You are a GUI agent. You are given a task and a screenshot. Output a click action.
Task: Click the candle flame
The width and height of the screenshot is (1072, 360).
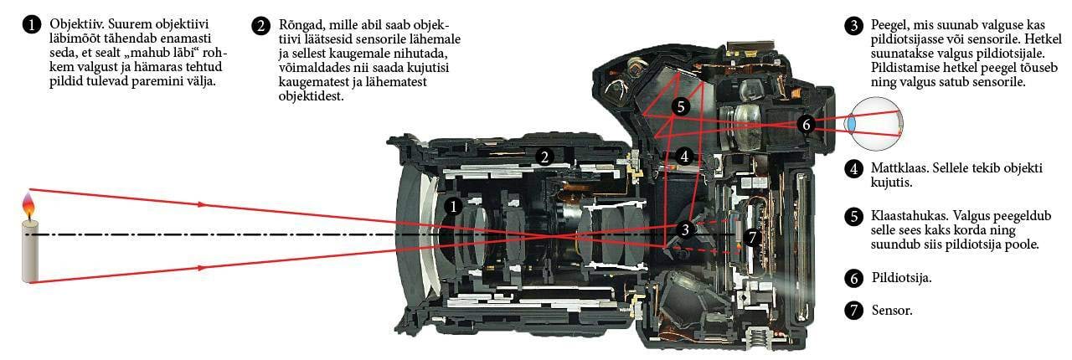[x=28, y=208]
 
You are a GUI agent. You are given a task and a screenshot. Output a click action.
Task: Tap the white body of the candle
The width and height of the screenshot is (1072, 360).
[x=29, y=251]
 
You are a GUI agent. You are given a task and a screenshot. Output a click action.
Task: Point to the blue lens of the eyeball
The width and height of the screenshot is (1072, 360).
[x=852, y=122]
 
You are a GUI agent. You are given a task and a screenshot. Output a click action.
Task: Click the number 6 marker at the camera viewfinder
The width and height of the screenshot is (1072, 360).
[x=807, y=125]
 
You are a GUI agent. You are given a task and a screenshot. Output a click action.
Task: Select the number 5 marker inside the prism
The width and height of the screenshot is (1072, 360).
[x=681, y=106]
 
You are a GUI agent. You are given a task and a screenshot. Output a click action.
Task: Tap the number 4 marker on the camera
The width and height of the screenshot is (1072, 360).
[x=684, y=156]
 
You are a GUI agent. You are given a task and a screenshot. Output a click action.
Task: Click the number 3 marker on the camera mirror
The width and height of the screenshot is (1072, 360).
[x=685, y=229]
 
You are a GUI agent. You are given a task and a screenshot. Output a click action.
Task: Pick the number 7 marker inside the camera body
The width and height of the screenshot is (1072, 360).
[x=752, y=237]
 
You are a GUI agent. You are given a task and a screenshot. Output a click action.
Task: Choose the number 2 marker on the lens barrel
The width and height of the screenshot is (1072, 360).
[x=544, y=157]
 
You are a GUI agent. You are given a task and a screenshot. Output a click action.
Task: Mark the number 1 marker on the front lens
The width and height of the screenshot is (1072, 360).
[x=453, y=206]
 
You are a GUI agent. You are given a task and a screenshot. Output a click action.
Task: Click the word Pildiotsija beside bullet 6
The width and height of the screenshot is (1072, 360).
[x=902, y=278]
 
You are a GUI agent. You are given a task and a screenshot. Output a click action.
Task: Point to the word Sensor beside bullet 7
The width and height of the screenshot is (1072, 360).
[x=892, y=311]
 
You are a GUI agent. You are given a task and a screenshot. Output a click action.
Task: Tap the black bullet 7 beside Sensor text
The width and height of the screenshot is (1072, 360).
[x=853, y=311]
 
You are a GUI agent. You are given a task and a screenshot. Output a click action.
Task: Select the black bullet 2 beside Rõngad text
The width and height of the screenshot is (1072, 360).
[x=260, y=25]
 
